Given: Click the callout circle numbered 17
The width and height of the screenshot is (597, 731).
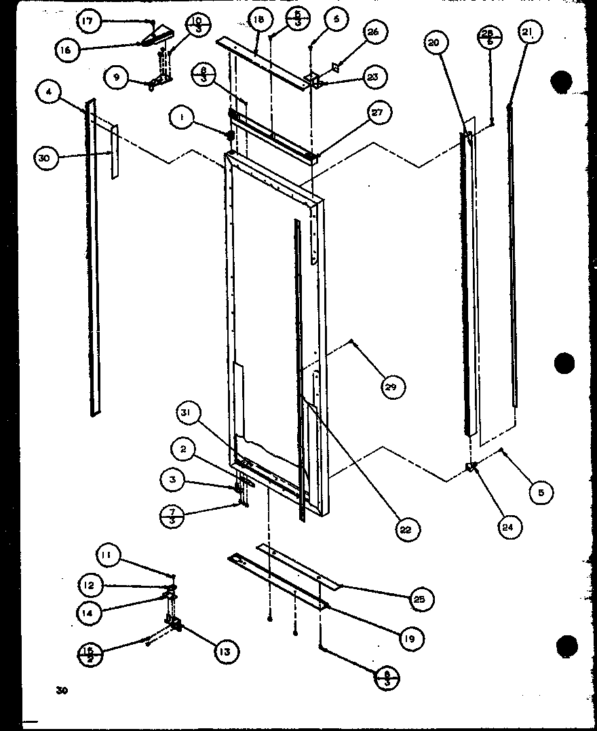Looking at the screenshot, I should coord(87,22).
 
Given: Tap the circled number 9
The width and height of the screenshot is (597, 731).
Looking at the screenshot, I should coord(117,78).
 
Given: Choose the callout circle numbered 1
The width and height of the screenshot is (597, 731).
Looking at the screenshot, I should coord(180,118).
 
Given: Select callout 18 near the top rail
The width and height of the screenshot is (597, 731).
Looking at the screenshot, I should coord(259,20).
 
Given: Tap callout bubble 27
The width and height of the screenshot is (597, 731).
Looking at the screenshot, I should coord(378,113).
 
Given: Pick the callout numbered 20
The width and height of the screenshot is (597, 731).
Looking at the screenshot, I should coord(434,42).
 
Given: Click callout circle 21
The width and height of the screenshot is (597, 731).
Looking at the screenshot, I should coord(528,32).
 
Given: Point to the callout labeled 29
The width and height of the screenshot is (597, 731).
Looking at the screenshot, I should coord(393,387).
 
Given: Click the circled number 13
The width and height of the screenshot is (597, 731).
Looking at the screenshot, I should coord(225,652).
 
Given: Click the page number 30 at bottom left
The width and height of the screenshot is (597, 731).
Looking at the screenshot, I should coord(62,691).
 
